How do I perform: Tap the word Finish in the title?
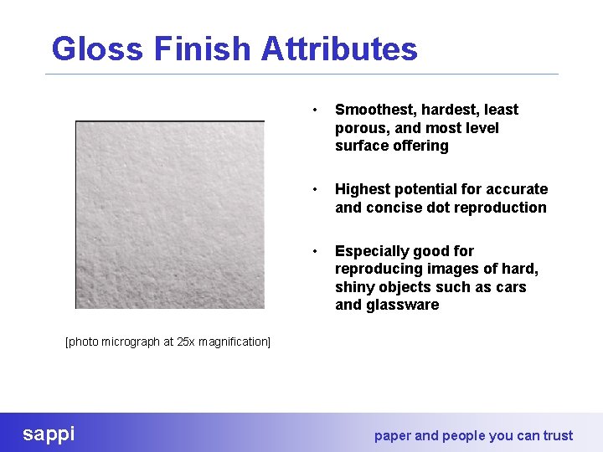tap(203, 49)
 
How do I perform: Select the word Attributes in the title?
tap(339, 49)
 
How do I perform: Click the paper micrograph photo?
tap(170, 215)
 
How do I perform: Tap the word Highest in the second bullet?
tap(363, 189)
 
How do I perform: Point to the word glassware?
tap(402, 305)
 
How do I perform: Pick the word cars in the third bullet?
tap(511, 287)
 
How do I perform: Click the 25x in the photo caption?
tap(186, 342)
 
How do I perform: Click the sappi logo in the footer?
tap(49, 434)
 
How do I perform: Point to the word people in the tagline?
tap(466, 435)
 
